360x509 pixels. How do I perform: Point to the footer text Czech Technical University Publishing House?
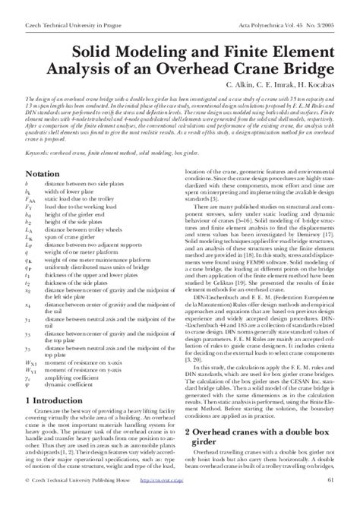point(83,501)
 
